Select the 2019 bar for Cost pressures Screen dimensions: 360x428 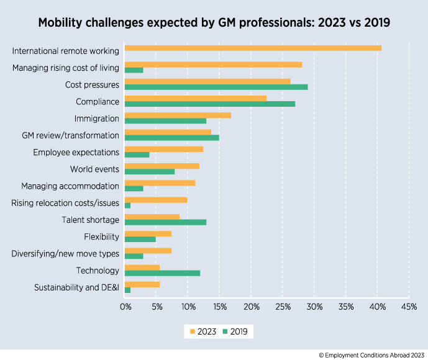pos(216,87)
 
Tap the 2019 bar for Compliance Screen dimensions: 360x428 pos(210,104)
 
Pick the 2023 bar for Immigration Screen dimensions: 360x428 pos(178,115)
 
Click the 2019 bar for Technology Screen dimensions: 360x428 pos(162,273)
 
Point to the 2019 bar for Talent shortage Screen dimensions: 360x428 pos(165,222)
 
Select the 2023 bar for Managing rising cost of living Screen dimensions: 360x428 pos(213,65)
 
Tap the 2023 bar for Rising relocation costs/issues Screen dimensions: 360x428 pos(156,200)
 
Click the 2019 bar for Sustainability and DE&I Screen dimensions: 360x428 pos(127,290)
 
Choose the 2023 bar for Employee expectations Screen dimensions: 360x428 pos(164,149)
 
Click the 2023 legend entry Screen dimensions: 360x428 pos(203,331)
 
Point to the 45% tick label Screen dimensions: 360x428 pos(409,307)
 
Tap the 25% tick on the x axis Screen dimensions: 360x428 pos(283,307)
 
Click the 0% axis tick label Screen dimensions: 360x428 pos(125,307)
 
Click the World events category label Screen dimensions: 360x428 pos(94,169)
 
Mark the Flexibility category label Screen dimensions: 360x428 pos(101,236)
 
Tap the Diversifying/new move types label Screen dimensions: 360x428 pos(65,253)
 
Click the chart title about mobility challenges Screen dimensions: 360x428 pos(214,23)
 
